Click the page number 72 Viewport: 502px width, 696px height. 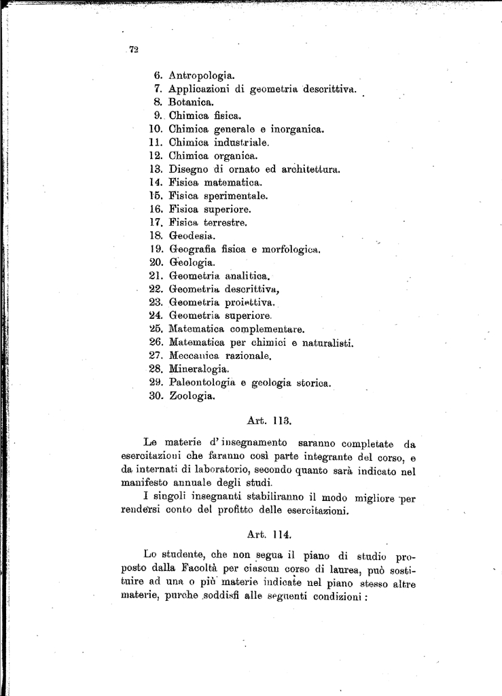coord(133,49)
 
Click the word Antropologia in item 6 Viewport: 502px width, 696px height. coord(202,75)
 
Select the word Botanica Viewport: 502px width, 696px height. coord(192,102)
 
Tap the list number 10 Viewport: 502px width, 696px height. coord(156,129)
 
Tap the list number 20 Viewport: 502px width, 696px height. coord(156,262)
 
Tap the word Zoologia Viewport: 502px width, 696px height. coord(192,396)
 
